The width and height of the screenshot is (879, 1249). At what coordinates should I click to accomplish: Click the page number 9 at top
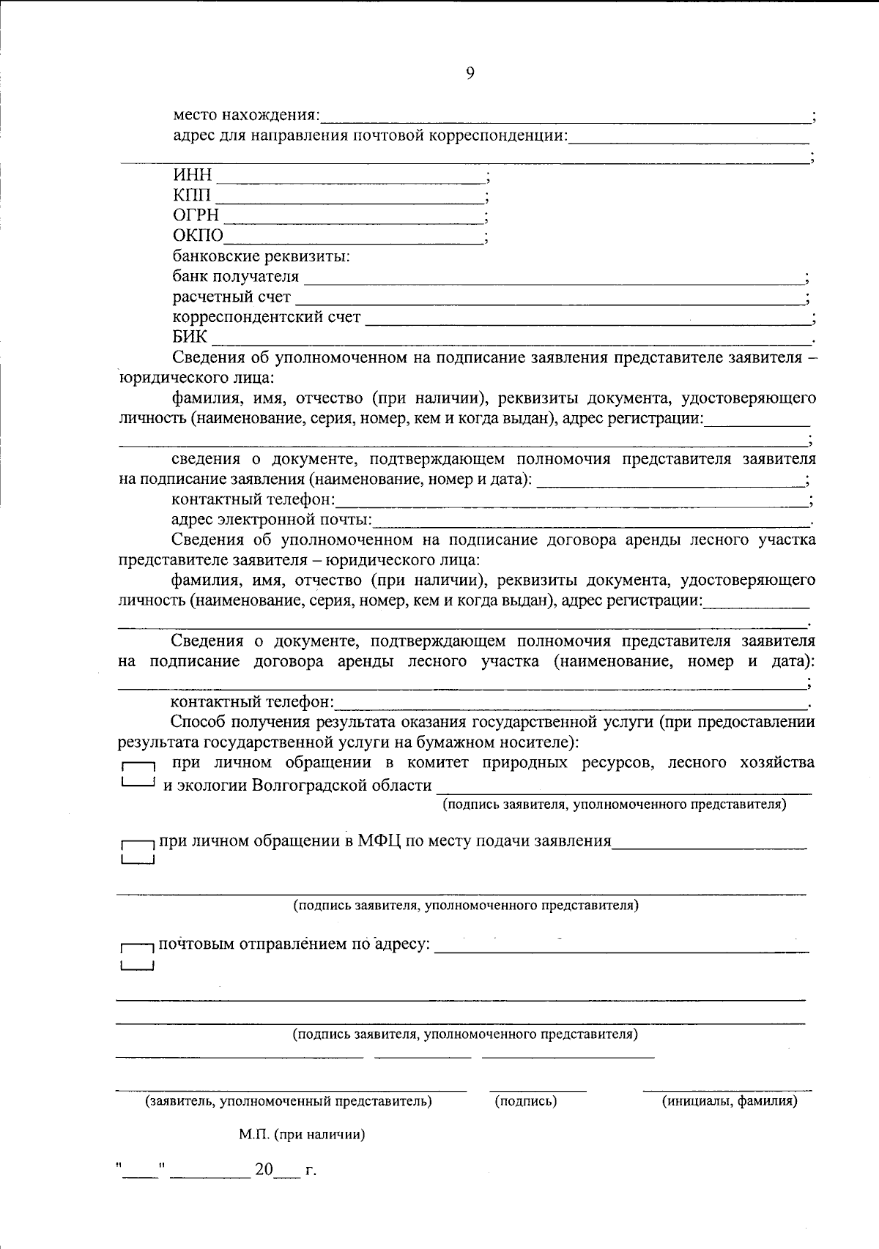pyautogui.click(x=470, y=72)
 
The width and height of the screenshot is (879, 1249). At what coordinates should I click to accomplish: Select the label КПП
pyautogui.click(x=192, y=195)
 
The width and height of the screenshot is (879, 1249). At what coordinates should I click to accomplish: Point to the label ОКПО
pyautogui.click(x=198, y=236)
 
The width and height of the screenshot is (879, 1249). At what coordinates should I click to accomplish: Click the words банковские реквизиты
pyautogui.click(x=261, y=256)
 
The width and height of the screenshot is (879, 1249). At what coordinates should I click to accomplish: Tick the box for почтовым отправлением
pyautogui.click(x=137, y=956)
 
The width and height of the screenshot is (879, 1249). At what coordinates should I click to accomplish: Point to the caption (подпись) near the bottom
pyautogui.click(x=525, y=1100)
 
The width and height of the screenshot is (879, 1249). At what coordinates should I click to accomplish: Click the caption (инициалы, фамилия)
pyautogui.click(x=730, y=1100)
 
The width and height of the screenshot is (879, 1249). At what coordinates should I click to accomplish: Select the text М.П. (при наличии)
pyautogui.click(x=302, y=1135)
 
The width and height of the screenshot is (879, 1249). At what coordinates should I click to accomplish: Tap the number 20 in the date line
pyautogui.click(x=263, y=1170)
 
